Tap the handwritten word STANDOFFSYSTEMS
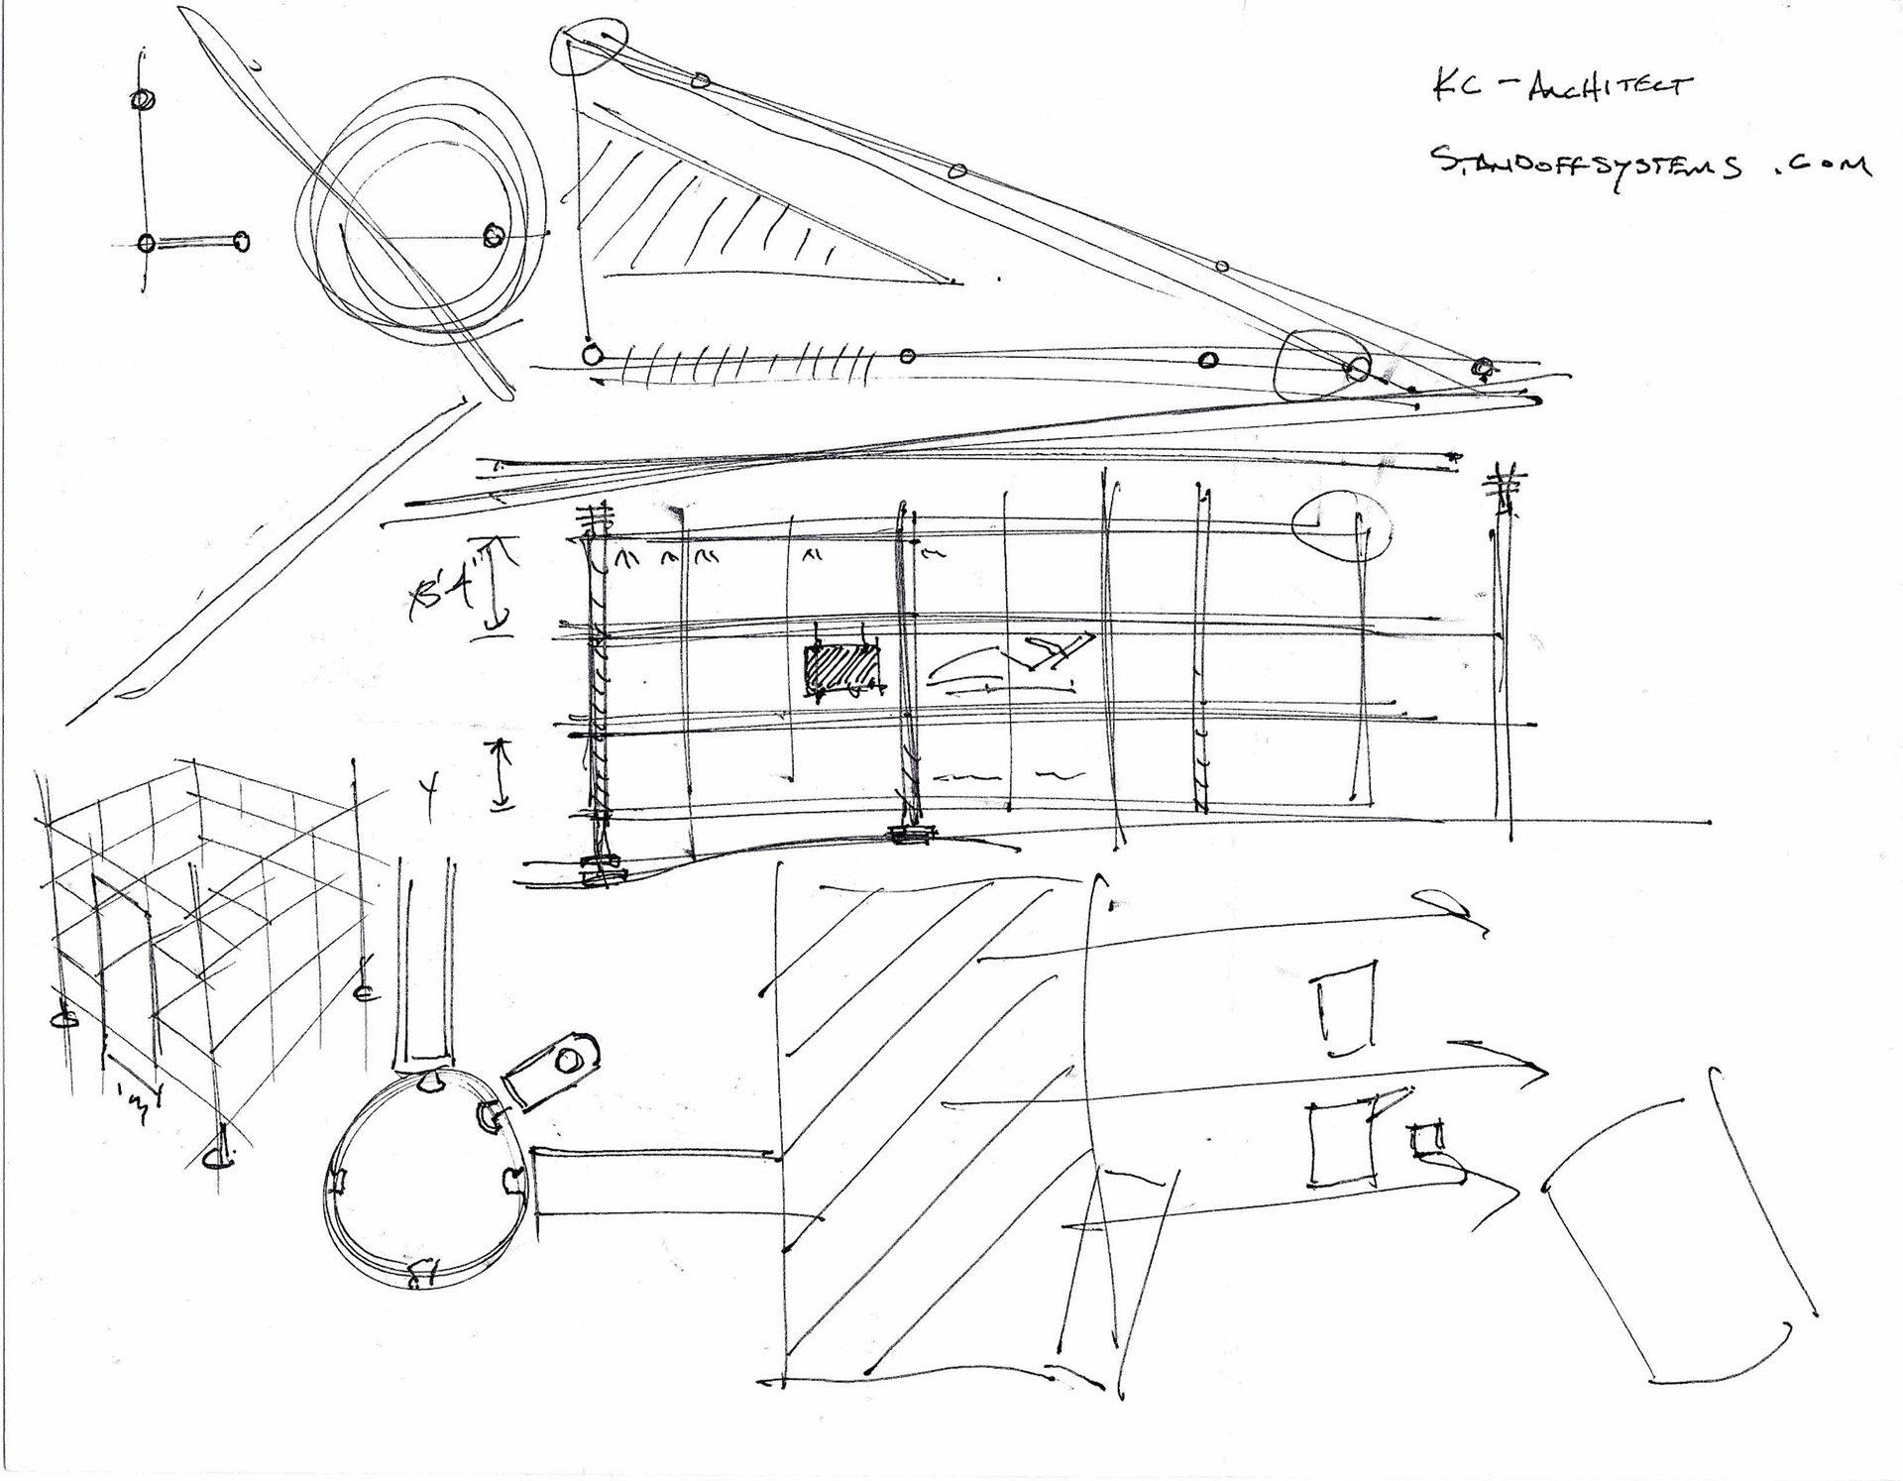click(1586, 165)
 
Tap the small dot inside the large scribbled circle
click(493, 236)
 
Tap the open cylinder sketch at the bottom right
click(1675, 1229)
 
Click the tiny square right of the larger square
click(1426, 1141)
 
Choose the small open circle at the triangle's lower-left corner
click(592, 354)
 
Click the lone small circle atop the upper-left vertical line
click(142, 99)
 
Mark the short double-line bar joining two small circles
click(194, 242)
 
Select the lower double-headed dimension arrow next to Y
click(502, 775)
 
